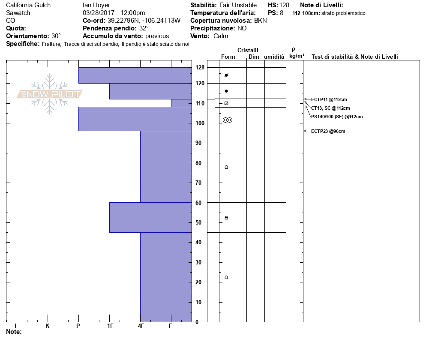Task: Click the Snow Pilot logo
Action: pos(49,94)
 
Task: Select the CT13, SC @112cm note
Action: pos(330,108)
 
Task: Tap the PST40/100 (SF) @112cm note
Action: pos(337,117)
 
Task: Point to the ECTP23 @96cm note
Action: pos(328,131)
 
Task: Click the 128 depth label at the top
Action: pos(200,67)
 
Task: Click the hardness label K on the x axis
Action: pos(48,326)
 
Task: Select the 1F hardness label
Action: pos(110,326)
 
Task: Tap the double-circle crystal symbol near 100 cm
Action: pos(227,120)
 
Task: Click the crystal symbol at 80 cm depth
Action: pos(226,167)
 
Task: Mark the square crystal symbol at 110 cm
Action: pos(226,103)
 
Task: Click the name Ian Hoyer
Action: pos(96,5)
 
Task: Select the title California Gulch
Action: pos(28,5)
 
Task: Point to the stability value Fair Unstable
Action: pos(238,5)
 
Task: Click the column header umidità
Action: pos(274,57)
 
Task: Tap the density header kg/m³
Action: pos(297,56)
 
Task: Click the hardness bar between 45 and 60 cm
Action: pos(150,217)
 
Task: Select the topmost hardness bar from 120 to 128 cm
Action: pos(135,75)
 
